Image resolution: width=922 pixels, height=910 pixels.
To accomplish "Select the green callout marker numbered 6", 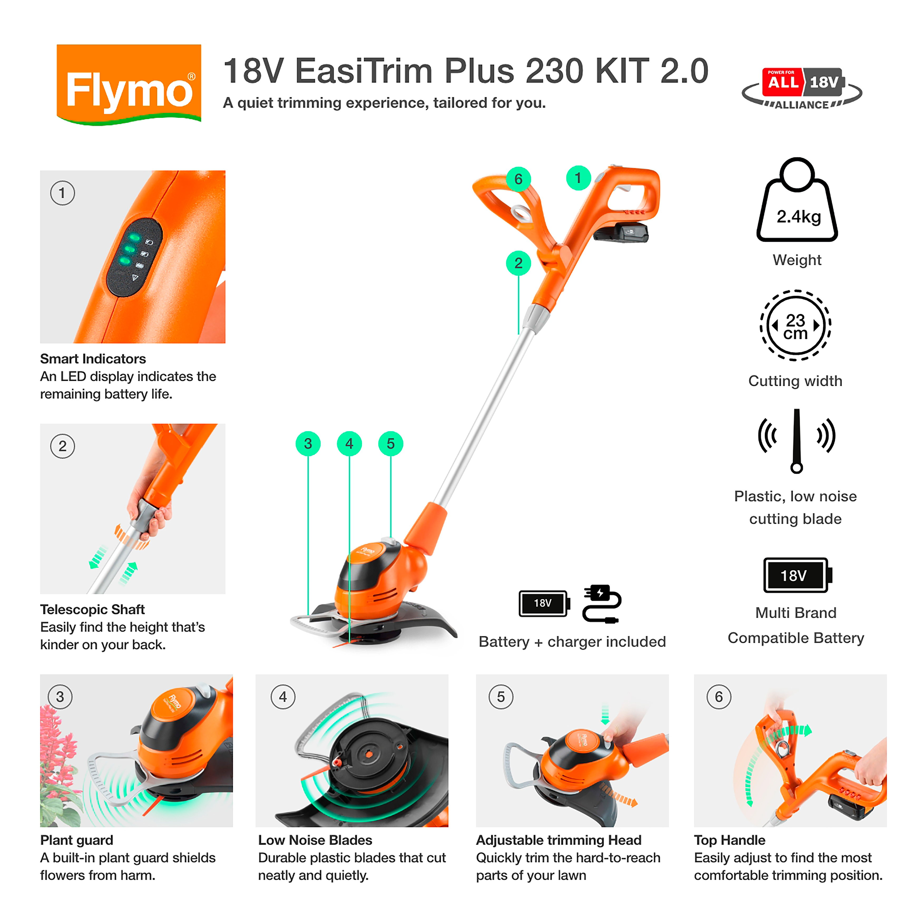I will (518, 179).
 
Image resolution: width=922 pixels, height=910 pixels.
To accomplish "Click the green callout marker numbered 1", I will (578, 178).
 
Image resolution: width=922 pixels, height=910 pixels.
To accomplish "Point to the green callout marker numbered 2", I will (518, 263).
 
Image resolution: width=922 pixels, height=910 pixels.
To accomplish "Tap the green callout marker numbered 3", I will (308, 444).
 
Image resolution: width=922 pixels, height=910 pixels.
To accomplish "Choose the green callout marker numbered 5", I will (390, 444).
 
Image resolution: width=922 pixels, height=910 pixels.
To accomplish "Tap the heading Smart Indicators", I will (93, 359).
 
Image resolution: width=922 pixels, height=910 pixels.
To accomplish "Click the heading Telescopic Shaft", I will (92, 609).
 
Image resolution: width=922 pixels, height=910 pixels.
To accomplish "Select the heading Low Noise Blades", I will (315, 840).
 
